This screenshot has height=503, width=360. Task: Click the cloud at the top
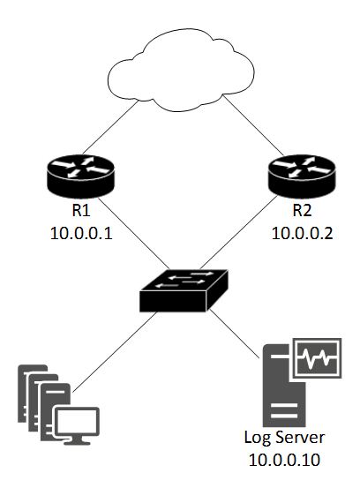click(x=181, y=71)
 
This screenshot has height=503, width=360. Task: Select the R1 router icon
click(x=80, y=176)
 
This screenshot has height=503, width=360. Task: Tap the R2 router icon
click(x=302, y=176)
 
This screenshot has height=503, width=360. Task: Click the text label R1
click(x=81, y=211)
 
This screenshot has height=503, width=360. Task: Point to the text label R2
click(x=303, y=211)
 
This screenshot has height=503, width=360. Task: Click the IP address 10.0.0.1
click(x=81, y=234)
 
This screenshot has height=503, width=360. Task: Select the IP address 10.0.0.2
click(x=303, y=234)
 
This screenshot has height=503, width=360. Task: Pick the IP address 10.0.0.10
click(x=284, y=460)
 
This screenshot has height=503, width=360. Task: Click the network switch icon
click(x=184, y=290)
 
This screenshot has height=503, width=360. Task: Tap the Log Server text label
click(x=284, y=438)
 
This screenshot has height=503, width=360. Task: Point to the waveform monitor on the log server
click(x=317, y=358)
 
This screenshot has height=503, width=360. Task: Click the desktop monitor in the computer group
click(x=77, y=425)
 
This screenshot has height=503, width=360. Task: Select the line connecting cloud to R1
click(x=110, y=127)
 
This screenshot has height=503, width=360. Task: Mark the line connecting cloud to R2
click(x=253, y=125)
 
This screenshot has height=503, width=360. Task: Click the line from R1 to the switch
click(x=133, y=233)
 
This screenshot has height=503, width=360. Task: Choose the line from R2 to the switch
click(x=238, y=233)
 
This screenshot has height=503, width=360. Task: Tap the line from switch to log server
click(x=235, y=334)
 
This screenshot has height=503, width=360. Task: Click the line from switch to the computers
click(x=115, y=352)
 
